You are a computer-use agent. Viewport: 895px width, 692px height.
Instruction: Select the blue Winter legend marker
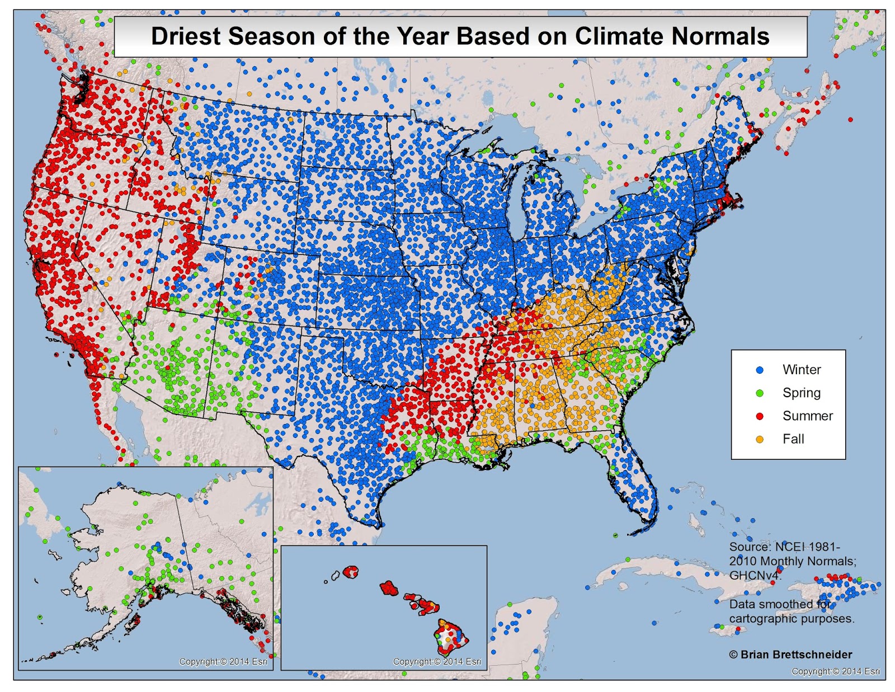[760, 370]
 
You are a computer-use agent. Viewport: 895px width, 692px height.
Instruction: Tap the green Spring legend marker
[760, 393]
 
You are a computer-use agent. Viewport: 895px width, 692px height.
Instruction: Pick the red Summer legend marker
[760, 416]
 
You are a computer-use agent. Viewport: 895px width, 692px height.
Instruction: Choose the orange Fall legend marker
[760, 439]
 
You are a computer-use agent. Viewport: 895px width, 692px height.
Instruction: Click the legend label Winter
[802, 370]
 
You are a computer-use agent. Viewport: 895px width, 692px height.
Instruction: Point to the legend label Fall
[793, 439]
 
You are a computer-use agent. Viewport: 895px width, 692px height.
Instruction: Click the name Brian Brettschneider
[796, 655]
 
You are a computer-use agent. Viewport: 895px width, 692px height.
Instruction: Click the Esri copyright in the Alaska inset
[223, 662]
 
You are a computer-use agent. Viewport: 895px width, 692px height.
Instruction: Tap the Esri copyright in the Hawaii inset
[437, 662]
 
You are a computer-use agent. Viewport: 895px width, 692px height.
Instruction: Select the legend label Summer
[807, 416]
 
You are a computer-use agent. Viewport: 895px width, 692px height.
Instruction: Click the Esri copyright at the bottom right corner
[836, 672]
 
